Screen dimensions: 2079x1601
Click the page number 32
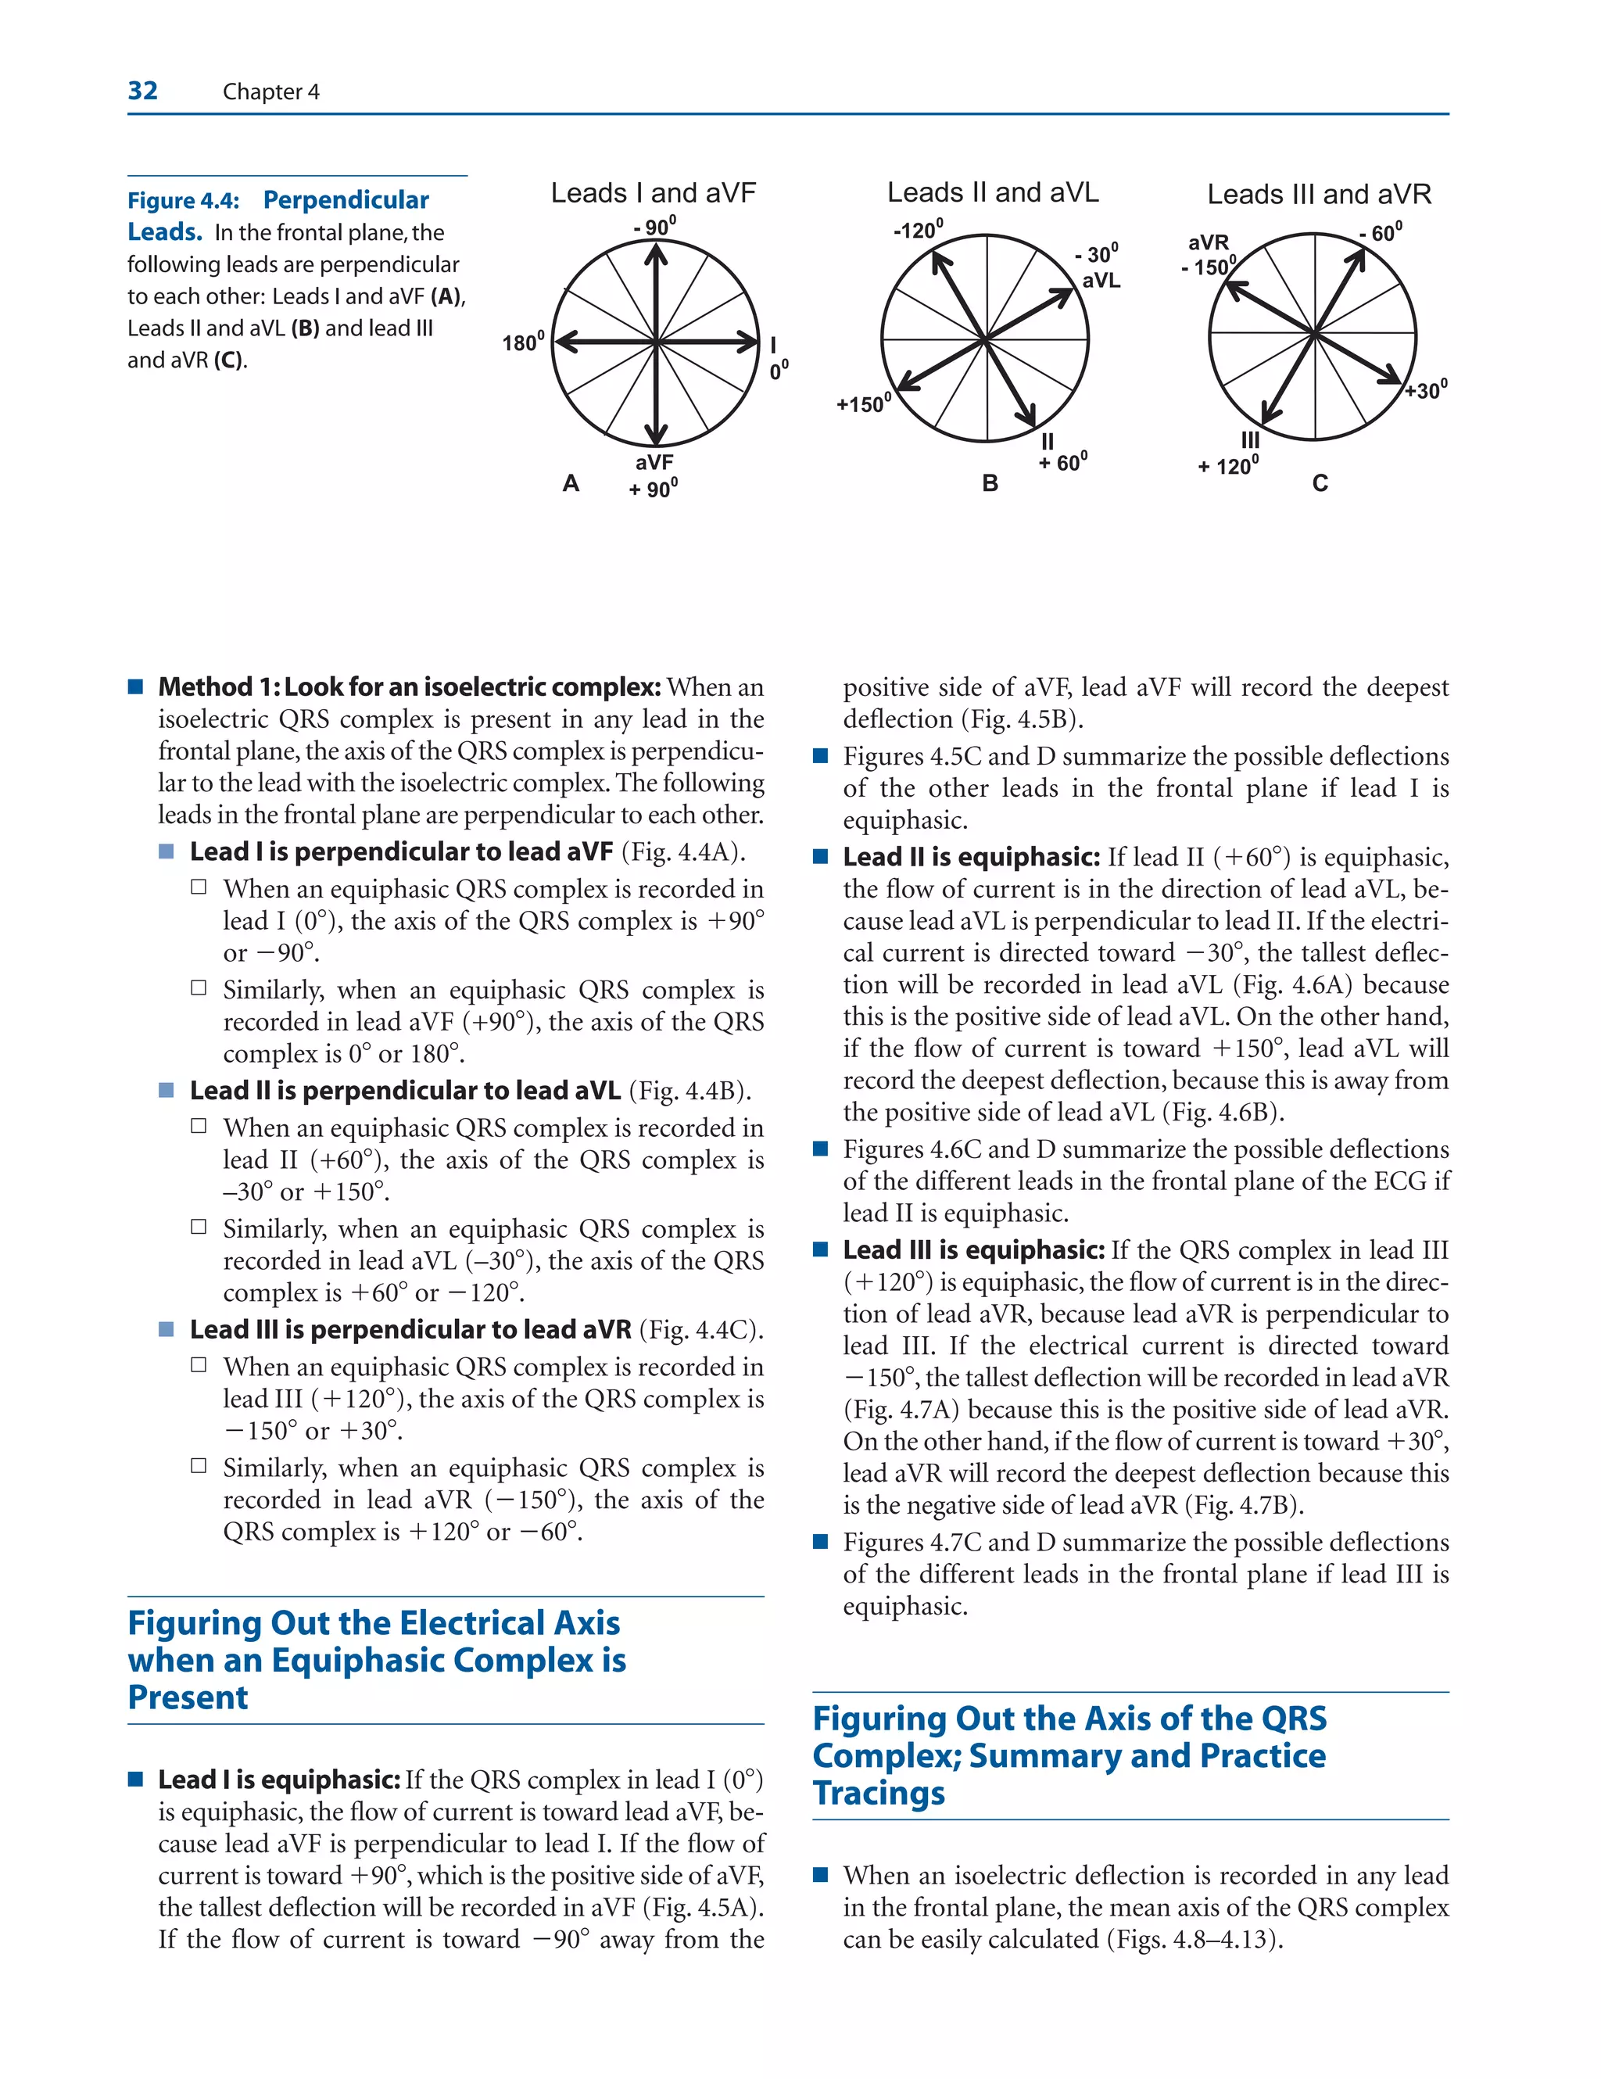click(x=143, y=91)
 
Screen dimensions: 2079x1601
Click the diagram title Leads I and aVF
click(x=653, y=193)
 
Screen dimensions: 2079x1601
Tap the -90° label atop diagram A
click(x=655, y=227)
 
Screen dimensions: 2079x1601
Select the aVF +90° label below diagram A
click(x=654, y=476)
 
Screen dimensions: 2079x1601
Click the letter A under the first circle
click(x=571, y=483)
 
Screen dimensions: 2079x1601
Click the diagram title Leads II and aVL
click(x=993, y=193)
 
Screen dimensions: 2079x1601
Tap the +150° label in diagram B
click(x=863, y=403)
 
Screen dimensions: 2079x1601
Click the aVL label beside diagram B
click(x=1101, y=281)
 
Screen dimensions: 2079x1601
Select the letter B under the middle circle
click(x=990, y=483)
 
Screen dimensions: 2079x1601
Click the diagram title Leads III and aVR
click(x=1320, y=195)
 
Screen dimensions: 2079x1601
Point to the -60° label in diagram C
click(x=1381, y=232)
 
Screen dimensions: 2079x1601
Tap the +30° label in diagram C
click(x=1426, y=390)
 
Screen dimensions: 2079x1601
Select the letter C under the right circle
click(x=1320, y=483)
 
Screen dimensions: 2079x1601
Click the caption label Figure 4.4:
click(x=183, y=201)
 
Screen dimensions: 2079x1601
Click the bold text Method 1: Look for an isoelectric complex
click(x=410, y=687)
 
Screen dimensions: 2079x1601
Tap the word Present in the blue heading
click(x=188, y=1697)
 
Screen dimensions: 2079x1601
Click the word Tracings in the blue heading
click(x=879, y=1793)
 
